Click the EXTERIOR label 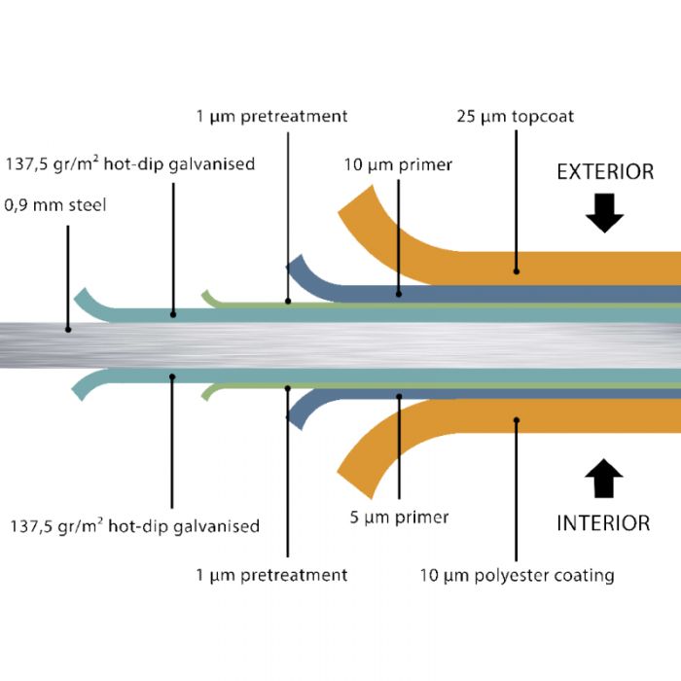coord(604,172)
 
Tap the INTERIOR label coord(602,523)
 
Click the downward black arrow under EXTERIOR coord(604,213)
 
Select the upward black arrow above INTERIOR coord(604,480)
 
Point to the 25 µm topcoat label coord(515,117)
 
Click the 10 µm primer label coord(398,164)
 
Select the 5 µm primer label coord(399,517)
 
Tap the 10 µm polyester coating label coord(517,575)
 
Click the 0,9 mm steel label coord(55,206)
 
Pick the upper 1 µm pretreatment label coord(271,117)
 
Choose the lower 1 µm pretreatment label coord(271,575)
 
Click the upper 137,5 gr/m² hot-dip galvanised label coord(130,164)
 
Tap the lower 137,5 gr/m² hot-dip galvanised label coord(134,526)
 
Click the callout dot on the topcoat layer coord(517,271)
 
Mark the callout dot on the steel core coord(68,329)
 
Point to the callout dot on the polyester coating coord(517,420)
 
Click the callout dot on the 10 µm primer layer coord(399,292)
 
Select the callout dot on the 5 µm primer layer coord(399,396)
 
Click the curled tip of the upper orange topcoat coord(355,200)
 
